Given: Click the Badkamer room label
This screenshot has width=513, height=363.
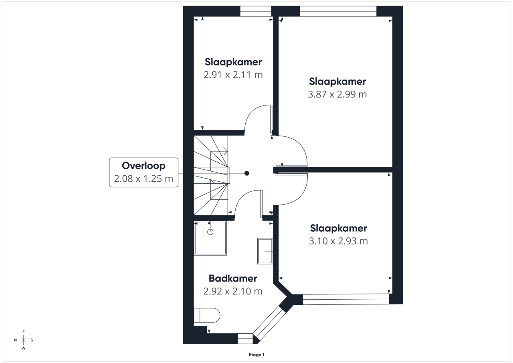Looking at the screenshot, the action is click(233, 278).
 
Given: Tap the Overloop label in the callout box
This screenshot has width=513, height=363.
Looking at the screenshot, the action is click(143, 166).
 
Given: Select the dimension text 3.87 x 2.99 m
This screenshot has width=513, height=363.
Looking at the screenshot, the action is click(337, 94).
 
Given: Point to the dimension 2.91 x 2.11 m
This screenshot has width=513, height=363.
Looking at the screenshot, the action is click(233, 75).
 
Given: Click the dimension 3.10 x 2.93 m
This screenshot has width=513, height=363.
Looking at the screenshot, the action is click(338, 241).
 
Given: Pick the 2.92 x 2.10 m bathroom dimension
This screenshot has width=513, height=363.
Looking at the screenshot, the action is click(233, 291).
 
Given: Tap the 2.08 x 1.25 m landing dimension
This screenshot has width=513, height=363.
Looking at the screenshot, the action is click(143, 179).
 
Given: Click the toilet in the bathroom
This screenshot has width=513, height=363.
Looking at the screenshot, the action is click(207, 315).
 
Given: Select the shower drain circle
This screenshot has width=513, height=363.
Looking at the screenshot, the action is click(210, 232).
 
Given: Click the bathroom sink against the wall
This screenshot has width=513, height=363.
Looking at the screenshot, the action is click(265, 251).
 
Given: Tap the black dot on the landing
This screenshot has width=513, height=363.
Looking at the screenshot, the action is click(246, 173).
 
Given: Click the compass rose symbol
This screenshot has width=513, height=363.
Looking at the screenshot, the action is click(23, 340).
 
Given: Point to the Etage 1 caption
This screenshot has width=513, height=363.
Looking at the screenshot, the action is click(256, 355).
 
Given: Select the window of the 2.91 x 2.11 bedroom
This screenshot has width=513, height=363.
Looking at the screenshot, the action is click(256, 11).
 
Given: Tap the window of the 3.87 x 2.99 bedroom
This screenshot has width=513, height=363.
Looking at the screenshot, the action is click(338, 11).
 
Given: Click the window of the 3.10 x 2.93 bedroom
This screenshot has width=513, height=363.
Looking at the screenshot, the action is click(346, 299).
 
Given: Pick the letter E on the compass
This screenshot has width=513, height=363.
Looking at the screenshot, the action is click(23, 332).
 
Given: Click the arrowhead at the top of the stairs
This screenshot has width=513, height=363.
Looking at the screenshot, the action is click(226, 151).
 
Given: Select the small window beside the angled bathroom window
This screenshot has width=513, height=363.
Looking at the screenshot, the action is click(245, 339).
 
